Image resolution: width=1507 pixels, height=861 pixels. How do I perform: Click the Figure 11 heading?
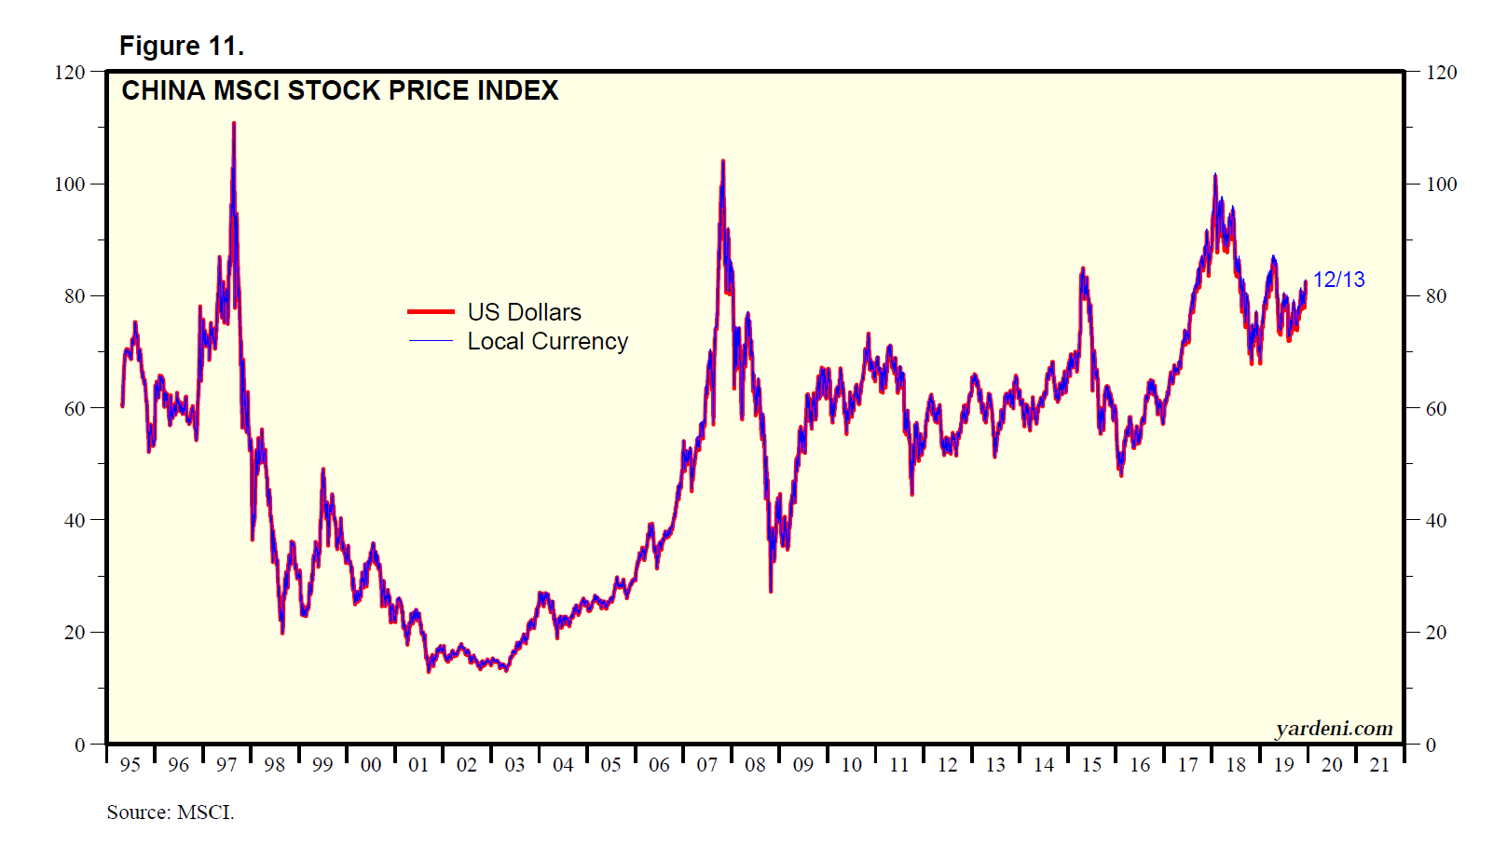click(x=181, y=46)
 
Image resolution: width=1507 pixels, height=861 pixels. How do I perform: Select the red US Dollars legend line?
click(x=431, y=311)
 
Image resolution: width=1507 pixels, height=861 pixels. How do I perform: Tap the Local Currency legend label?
click(x=547, y=341)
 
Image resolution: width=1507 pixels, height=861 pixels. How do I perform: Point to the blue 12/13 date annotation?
click(x=1338, y=280)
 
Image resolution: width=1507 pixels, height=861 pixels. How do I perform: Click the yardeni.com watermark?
click(x=1334, y=729)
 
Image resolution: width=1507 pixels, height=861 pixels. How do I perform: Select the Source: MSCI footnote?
click(x=171, y=813)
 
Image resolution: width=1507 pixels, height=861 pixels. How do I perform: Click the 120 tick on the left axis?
click(x=70, y=72)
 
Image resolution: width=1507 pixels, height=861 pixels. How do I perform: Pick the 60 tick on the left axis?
click(x=75, y=408)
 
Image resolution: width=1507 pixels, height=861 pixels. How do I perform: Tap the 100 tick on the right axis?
click(x=1441, y=184)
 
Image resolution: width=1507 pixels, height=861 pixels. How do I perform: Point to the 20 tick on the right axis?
click(x=1436, y=632)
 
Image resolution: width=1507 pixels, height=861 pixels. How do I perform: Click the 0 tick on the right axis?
click(x=1432, y=745)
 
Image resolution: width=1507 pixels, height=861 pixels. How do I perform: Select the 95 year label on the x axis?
click(x=130, y=765)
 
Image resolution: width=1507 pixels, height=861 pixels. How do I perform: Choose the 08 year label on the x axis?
click(x=755, y=765)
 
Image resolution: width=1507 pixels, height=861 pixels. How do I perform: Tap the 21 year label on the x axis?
click(x=1379, y=765)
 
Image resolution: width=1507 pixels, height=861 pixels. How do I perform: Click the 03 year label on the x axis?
click(x=514, y=765)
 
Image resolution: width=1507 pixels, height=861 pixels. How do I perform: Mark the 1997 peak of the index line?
click(x=234, y=123)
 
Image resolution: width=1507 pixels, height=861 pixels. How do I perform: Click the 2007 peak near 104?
click(x=722, y=161)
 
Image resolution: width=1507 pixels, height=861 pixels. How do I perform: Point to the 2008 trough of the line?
click(x=771, y=591)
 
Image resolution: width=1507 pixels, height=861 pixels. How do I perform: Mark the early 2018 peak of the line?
click(x=1215, y=175)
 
